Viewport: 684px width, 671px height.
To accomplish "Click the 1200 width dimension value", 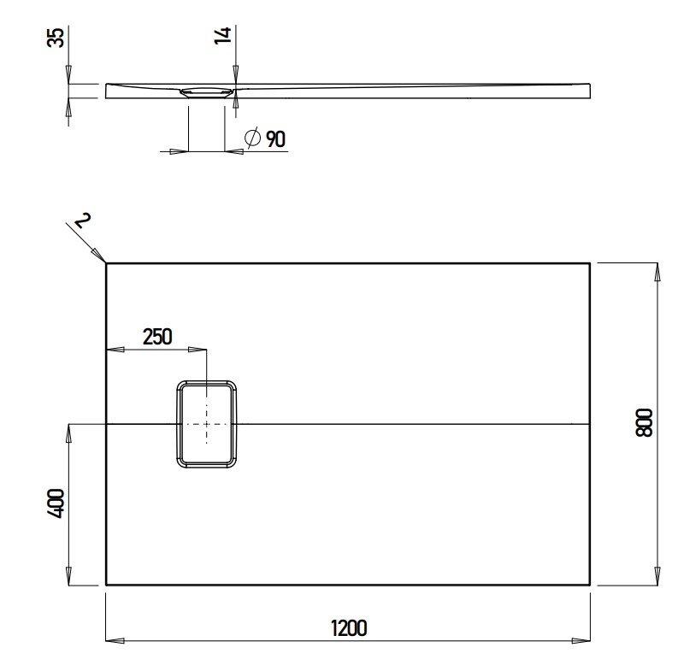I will click(x=348, y=627).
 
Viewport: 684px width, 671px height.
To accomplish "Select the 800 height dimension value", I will click(x=644, y=423).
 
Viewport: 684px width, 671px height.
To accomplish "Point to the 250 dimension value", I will click(x=157, y=336).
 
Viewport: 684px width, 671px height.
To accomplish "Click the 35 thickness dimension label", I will click(x=56, y=38).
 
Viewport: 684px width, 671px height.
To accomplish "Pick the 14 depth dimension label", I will click(x=222, y=36).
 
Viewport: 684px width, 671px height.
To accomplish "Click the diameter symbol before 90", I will click(x=253, y=138).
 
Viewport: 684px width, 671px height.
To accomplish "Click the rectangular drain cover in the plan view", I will click(x=207, y=424).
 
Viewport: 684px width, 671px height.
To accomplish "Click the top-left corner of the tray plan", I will click(x=105, y=263).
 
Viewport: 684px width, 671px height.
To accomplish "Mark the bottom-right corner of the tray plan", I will click(x=589, y=585).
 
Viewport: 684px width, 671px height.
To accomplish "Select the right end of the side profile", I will click(x=589, y=90).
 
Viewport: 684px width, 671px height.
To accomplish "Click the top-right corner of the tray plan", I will click(x=589, y=263).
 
